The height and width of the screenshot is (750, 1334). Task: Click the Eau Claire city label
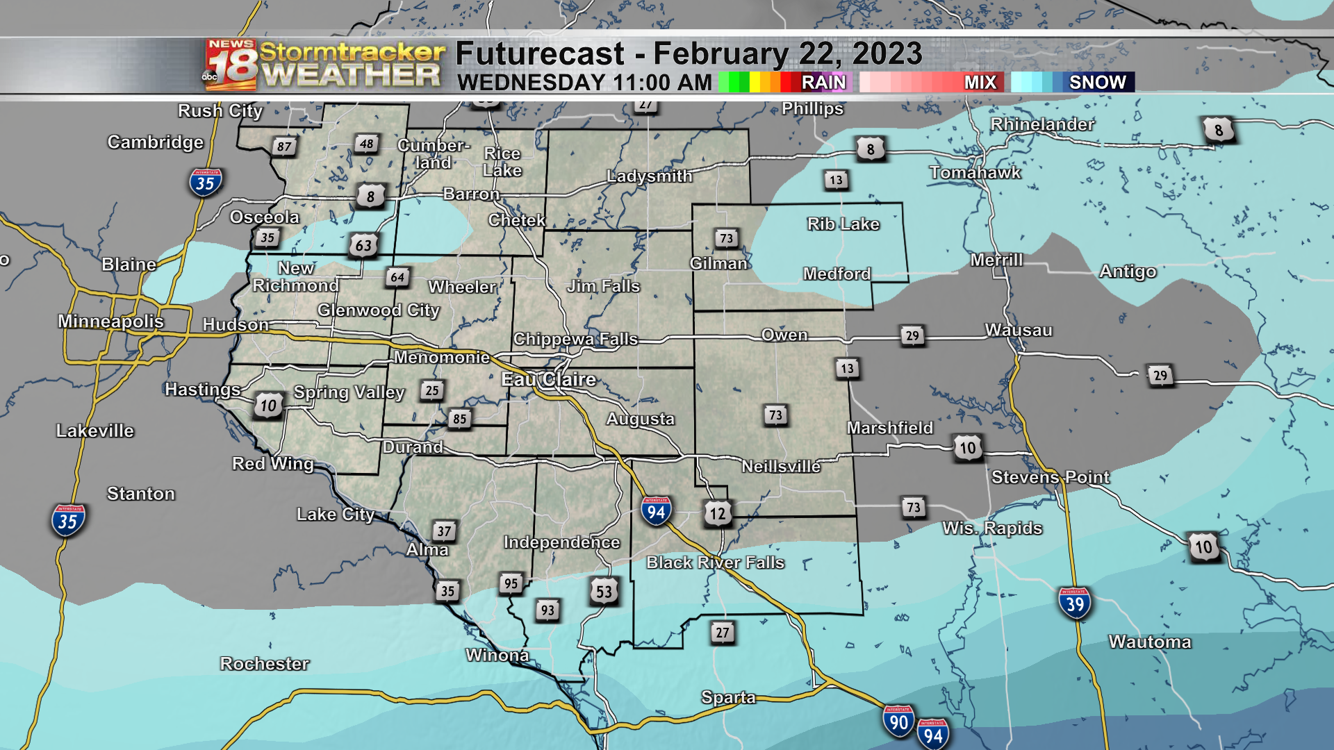(x=549, y=379)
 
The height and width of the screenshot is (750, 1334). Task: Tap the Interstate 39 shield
(x=1075, y=603)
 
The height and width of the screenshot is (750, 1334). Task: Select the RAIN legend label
(x=823, y=83)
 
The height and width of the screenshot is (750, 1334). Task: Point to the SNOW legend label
(x=1097, y=83)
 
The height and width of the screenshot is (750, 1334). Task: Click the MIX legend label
(x=980, y=83)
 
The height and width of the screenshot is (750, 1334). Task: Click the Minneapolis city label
(x=110, y=321)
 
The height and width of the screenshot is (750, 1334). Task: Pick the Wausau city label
(x=1018, y=330)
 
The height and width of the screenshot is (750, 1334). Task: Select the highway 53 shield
(x=604, y=592)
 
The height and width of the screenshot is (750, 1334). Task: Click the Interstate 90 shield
(x=898, y=722)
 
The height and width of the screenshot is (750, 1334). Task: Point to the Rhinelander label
(x=1042, y=124)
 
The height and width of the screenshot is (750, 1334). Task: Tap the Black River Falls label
(x=715, y=562)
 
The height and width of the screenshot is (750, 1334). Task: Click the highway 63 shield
(x=363, y=245)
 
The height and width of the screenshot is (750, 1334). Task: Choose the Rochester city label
(x=264, y=664)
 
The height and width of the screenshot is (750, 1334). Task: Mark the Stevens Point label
(x=1050, y=477)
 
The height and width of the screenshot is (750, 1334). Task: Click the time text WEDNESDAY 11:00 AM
(x=584, y=83)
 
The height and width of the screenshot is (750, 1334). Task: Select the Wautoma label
(x=1149, y=642)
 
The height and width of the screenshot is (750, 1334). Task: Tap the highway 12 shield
(x=717, y=514)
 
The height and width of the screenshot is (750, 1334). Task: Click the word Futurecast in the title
(x=540, y=54)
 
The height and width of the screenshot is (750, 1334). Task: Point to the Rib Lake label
(x=843, y=224)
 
